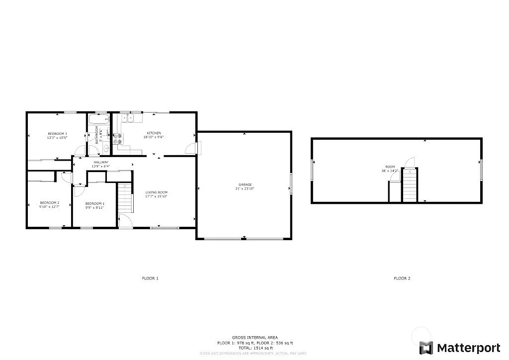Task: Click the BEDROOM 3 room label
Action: (57, 133)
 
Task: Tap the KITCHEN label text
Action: (153, 133)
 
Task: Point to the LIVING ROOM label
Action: (156, 192)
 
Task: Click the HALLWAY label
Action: (100, 162)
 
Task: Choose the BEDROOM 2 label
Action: (50, 202)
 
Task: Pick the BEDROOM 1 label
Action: (94, 203)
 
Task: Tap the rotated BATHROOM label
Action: (98, 135)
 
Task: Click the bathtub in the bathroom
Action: (97, 119)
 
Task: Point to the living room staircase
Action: (125, 197)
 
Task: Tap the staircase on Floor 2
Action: (409, 185)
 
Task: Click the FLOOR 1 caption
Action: (150, 278)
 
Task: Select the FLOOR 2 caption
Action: (402, 278)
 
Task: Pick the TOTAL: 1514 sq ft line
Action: (255, 348)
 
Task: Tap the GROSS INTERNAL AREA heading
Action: (255, 338)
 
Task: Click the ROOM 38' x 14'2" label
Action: (390, 169)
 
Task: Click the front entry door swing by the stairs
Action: (125, 220)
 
